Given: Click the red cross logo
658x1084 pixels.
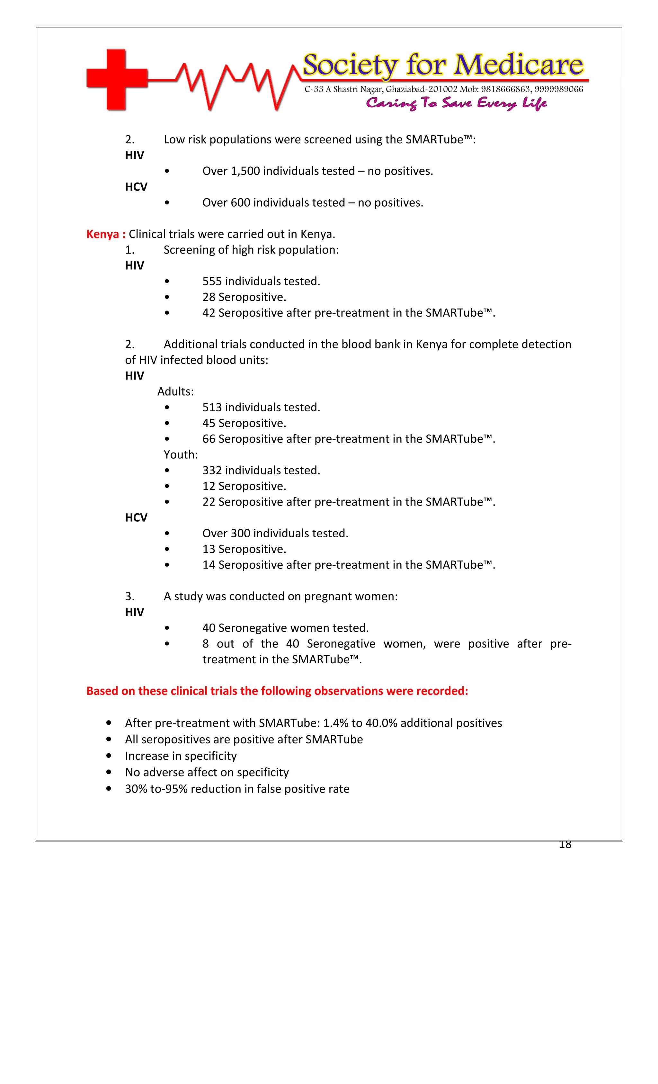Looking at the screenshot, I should click(117, 79).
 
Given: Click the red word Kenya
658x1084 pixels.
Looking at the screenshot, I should click(102, 234).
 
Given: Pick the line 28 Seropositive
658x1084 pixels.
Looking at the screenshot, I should click(244, 297).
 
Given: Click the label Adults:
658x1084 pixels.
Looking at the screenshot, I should click(175, 391).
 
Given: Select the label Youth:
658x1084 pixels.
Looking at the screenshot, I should click(181, 454).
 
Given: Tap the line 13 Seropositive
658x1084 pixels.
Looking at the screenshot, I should click(244, 549).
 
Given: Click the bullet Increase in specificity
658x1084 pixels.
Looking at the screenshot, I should click(181, 756).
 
